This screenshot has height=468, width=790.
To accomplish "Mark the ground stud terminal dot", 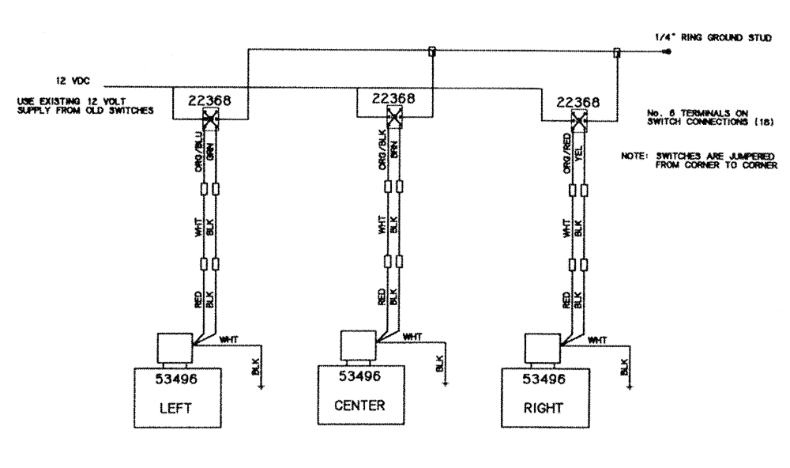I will tap(668, 52).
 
